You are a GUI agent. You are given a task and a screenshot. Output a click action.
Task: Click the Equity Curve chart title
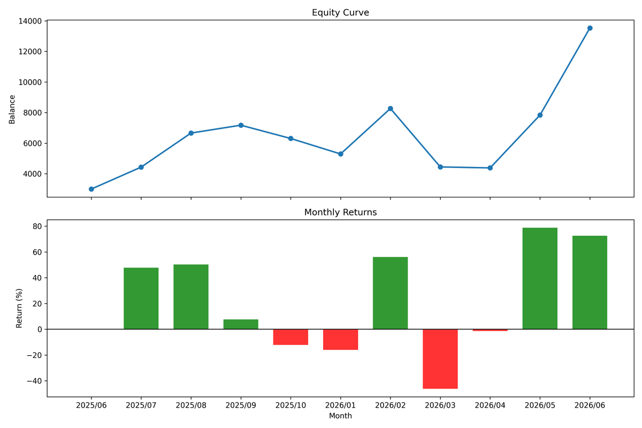tap(340, 13)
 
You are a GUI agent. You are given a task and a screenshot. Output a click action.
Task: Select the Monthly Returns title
tap(340, 212)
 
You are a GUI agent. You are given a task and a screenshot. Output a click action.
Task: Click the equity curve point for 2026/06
tap(590, 28)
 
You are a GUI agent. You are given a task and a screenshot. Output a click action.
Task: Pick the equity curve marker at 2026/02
tap(390, 109)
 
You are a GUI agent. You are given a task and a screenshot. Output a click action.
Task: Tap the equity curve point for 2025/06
tap(91, 189)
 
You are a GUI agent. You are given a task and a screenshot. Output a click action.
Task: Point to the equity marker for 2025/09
tap(241, 125)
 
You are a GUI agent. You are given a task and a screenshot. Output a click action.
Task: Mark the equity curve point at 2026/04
tap(490, 168)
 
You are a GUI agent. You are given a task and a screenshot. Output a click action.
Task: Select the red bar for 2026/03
tap(440, 359)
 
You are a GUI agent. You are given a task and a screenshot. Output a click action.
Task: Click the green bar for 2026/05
tap(540, 278)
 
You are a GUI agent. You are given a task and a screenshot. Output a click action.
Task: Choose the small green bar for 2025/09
tap(241, 324)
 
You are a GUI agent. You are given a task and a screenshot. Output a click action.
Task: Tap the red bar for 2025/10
tap(291, 337)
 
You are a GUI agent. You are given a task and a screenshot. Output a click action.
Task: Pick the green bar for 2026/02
tap(390, 293)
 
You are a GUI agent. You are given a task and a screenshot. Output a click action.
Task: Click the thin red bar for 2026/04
tap(490, 330)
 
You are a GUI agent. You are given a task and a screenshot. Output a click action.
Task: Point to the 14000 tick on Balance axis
tap(30, 21)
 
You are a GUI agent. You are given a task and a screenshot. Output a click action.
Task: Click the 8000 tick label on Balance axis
tap(33, 113)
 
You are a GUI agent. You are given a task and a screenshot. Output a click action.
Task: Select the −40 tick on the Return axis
tap(34, 381)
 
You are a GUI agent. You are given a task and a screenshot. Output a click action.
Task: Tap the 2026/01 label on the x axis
tap(340, 406)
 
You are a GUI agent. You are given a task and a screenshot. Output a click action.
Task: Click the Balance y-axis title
tap(12, 110)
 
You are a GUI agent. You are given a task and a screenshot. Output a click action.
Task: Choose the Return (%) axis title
tap(19, 308)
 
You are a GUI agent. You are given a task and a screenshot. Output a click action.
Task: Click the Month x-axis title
tap(340, 416)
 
